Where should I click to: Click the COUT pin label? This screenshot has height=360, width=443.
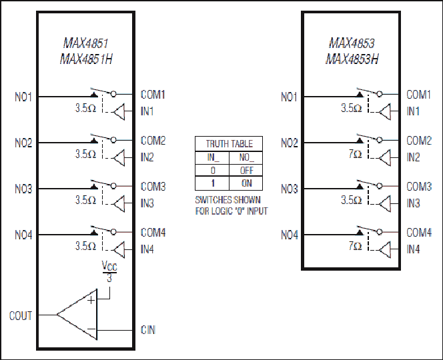(21, 316)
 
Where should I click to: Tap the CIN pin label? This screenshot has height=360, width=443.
(148, 330)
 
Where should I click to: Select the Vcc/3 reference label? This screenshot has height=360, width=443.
(109, 271)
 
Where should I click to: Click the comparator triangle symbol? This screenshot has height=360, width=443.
(77, 315)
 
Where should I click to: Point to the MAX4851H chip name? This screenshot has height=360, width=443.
(86, 59)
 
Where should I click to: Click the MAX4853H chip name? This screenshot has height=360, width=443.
(352, 59)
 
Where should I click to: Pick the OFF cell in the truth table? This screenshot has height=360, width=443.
(246, 170)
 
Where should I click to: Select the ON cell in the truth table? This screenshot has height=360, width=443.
(246, 183)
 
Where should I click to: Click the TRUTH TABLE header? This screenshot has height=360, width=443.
(229, 144)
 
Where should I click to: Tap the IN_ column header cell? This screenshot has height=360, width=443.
(213, 157)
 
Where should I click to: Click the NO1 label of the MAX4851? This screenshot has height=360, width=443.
(23, 97)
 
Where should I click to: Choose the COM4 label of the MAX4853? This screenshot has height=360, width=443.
(419, 233)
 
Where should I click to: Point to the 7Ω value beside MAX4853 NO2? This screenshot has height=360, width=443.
(355, 154)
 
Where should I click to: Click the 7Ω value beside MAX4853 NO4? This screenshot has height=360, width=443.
(355, 246)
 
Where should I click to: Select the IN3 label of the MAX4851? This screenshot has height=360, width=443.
(147, 203)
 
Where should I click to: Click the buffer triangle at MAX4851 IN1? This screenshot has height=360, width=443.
(119, 111)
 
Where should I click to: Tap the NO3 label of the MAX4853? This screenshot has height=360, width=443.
(290, 189)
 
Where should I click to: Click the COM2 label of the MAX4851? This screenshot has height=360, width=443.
(153, 140)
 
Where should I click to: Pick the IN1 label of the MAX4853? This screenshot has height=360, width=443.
(413, 111)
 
